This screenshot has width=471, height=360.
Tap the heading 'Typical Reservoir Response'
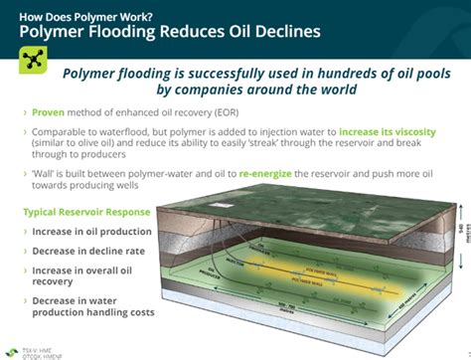pyautogui.click(x=85, y=211)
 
